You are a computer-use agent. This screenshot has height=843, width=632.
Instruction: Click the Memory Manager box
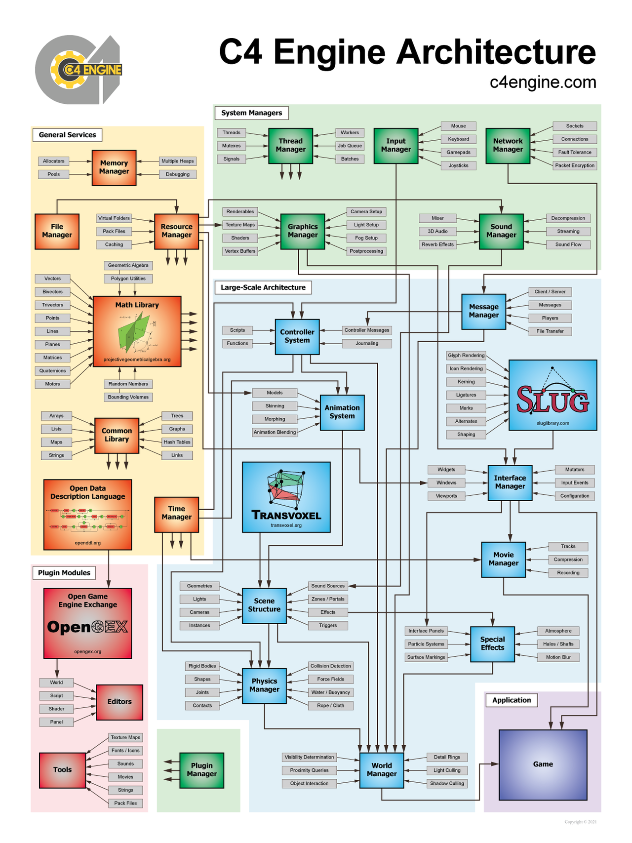pyautogui.click(x=114, y=167)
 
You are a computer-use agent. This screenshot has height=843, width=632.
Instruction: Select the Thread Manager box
pyautogui.click(x=290, y=146)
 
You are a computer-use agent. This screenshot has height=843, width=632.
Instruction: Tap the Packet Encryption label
pyautogui.click(x=574, y=165)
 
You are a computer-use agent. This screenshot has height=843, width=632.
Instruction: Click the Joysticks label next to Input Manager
pyautogui.click(x=458, y=165)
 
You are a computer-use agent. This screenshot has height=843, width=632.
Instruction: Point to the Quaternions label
pyautogui.click(x=52, y=371)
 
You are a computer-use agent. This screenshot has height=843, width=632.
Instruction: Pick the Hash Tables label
pyautogui.click(x=177, y=442)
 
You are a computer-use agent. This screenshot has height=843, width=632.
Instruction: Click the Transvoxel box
pyautogui.click(x=286, y=497)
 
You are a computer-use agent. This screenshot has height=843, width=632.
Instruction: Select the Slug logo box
pyautogui.click(x=553, y=395)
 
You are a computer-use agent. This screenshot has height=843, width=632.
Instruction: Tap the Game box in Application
pyautogui.click(x=543, y=764)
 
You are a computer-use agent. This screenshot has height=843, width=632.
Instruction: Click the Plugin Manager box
pyautogui.click(x=201, y=770)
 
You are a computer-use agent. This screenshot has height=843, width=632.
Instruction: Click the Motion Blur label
pyautogui.click(x=558, y=657)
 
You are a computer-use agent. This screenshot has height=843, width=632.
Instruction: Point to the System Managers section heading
pyautogui.click(x=251, y=113)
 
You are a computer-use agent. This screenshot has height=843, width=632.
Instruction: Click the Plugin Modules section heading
pyautogui.click(x=64, y=573)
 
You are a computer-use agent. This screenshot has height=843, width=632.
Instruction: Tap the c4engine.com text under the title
pyautogui.click(x=543, y=82)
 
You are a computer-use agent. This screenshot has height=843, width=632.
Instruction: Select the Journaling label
pyautogui.click(x=367, y=343)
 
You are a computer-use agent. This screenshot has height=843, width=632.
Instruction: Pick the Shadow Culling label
pyautogui.click(x=446, y=783)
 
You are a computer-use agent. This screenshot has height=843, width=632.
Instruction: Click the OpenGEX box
pyautogui.click(x=87, y=623)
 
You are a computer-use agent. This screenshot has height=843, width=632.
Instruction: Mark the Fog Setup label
pyautogui.click(x=366, y=238)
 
